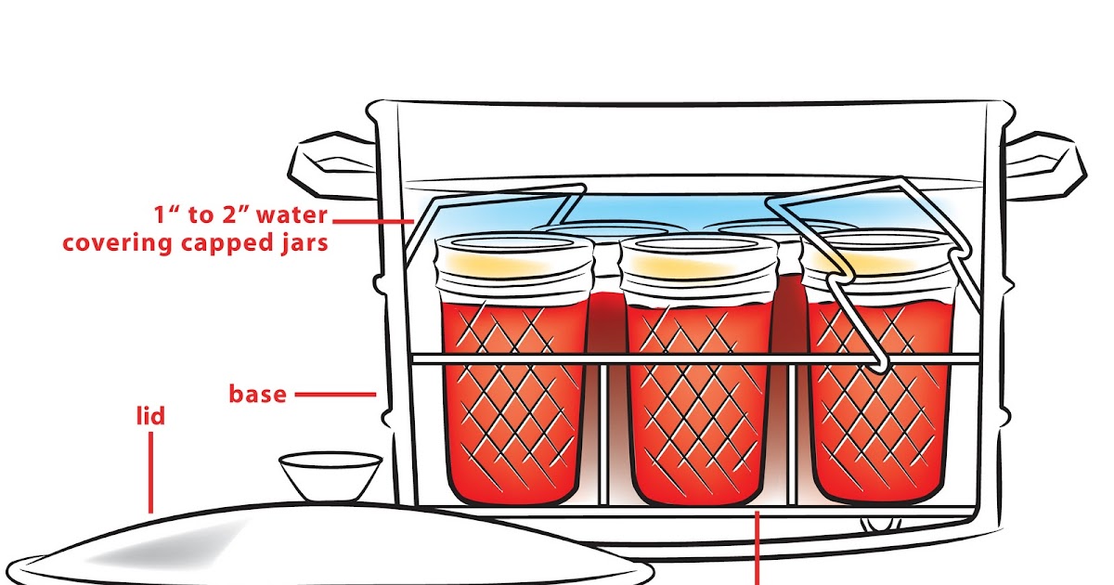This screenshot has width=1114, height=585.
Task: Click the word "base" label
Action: click(x=257, y=394)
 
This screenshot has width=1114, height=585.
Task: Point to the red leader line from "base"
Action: click(x=335, y=395)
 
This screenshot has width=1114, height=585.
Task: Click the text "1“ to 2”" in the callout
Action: click(x=194, y=216)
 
